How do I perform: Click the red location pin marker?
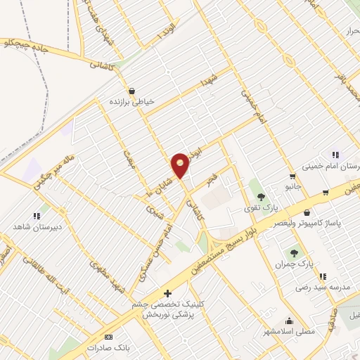[x=181, y=165]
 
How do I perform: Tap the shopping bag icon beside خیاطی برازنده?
[x=131, y=91]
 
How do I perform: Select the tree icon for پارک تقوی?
[x=262, y=197]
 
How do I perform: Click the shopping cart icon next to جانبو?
[x=292, y=176]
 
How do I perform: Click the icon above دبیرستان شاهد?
[x=36, y=216]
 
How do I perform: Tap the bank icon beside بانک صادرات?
[x=108, y=337]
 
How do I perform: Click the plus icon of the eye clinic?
[x=167, y=292]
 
